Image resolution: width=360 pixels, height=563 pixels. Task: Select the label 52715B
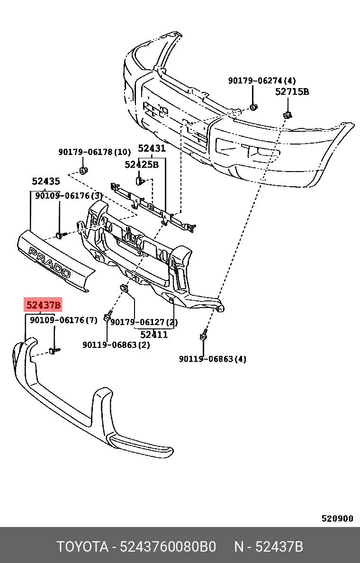pyautogui.click(x=292, y=92)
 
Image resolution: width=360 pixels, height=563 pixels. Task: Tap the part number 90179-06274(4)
pyautogui.click(x=262, y=81)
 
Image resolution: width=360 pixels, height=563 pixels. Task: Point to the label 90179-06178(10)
pyautogui.click(x=94, y=152)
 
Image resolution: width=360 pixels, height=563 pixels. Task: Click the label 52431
pyautogui.click(x=152, y=148)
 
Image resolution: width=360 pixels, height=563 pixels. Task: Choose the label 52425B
pyautogui.click(x=142, y=164)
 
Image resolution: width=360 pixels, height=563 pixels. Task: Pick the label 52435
pyautogui.click(x=46, y=181)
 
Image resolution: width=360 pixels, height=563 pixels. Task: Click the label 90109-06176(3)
pyautogui.click(x=69, y=195)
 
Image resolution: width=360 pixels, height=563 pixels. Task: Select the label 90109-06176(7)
pyautogui.click(x=63, y=320)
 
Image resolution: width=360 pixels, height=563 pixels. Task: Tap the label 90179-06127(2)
pyautogui.click(x=144, y=323)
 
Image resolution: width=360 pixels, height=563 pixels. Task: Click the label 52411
pyautogui.click(x=154, y=335)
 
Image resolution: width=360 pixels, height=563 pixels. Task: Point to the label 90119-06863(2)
pyautogui.click(x=116, y=345)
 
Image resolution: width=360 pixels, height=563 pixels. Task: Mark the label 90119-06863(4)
pyautogui.click(x=213, y=359)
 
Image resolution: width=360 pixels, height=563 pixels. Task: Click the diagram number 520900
pyautogui.click(x=337, y=518)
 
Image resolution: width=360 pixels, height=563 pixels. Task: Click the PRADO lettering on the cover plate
pyautogui.click(x=49, y=263)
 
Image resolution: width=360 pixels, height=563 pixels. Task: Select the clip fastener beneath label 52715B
pyautogui.click(x=287, y=114)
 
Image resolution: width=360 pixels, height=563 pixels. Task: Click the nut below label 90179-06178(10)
pyautogui.click(x=83, y=170)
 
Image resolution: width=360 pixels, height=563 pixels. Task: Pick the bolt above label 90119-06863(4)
pyautogui.click(x=203, y=337)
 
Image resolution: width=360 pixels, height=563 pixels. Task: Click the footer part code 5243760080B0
pyautogui.click(x=168, y=547)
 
